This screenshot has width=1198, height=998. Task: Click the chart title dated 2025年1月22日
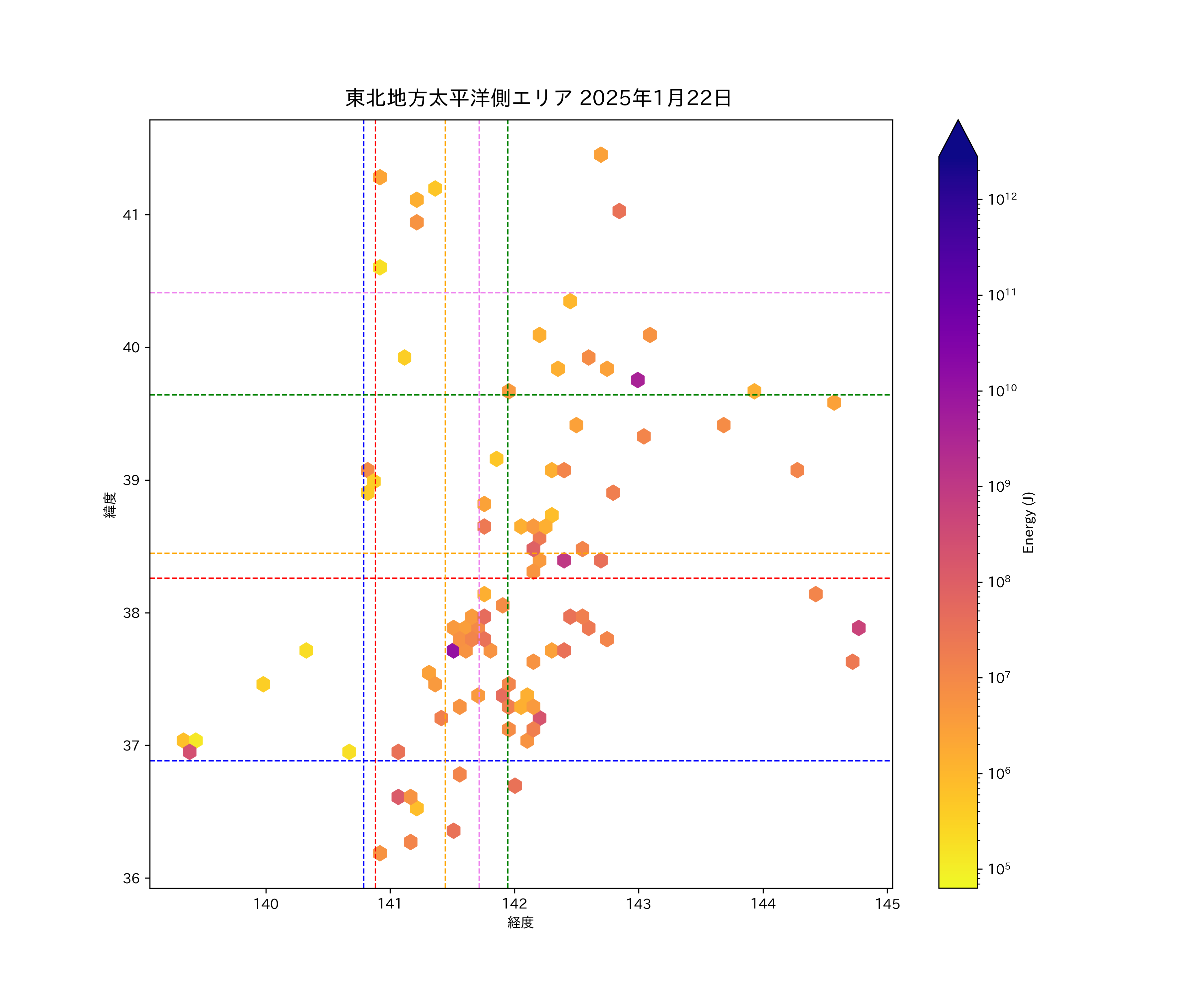coord(538,98)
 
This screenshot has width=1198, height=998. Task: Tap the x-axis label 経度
coord(520,922)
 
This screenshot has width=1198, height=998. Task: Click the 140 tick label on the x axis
coord(266,904)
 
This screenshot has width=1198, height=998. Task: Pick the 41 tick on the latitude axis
coord(131,215)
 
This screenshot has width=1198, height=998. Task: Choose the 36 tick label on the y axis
coord(131,878)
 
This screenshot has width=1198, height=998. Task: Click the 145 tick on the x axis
coord(887,904)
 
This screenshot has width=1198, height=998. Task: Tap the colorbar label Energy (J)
coord(1028,522)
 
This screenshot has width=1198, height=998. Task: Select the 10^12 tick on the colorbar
coord(1002,199)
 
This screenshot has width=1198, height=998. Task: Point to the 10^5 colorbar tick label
coord(999,869)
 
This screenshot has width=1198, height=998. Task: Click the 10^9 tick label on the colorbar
coord(999,486)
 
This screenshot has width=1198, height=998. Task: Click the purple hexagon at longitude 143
coord(638,380)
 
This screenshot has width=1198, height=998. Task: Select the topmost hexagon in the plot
coord(601,155)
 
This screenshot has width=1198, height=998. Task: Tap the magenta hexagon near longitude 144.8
coord(859,628)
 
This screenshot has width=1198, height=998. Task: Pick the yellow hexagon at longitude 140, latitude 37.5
coord(263,684)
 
